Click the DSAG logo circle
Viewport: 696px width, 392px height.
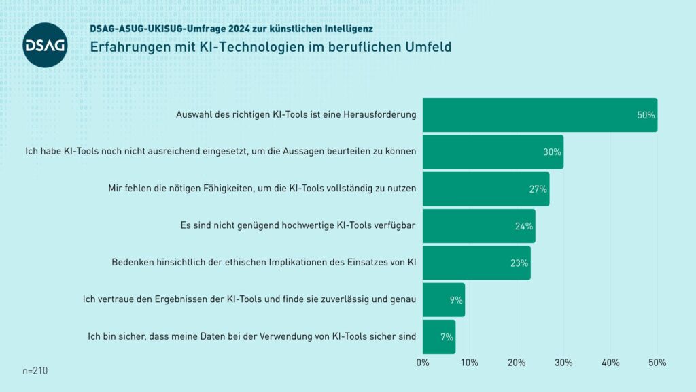pos(45,45)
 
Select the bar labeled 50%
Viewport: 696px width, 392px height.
pos(540,115)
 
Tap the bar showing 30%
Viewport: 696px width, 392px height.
pos(493,152)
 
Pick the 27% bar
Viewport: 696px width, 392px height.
pos(485,189)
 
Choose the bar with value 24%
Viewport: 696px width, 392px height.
pos(478,226)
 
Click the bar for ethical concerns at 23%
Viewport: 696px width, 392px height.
pos(476,263)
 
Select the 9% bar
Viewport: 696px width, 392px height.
pos(443,299)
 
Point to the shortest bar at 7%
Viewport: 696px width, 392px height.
pos(438,336)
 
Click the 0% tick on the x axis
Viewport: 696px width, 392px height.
pos(423,363)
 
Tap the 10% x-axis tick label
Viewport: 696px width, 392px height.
pos(470,363)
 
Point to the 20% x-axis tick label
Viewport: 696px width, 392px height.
pos(517,363)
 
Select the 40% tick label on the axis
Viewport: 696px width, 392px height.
pos(610,363)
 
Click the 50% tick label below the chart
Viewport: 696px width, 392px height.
pos(657,363)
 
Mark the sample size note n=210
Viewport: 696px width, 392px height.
pos(35,371)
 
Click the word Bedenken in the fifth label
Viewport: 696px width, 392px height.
pos(132,263)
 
